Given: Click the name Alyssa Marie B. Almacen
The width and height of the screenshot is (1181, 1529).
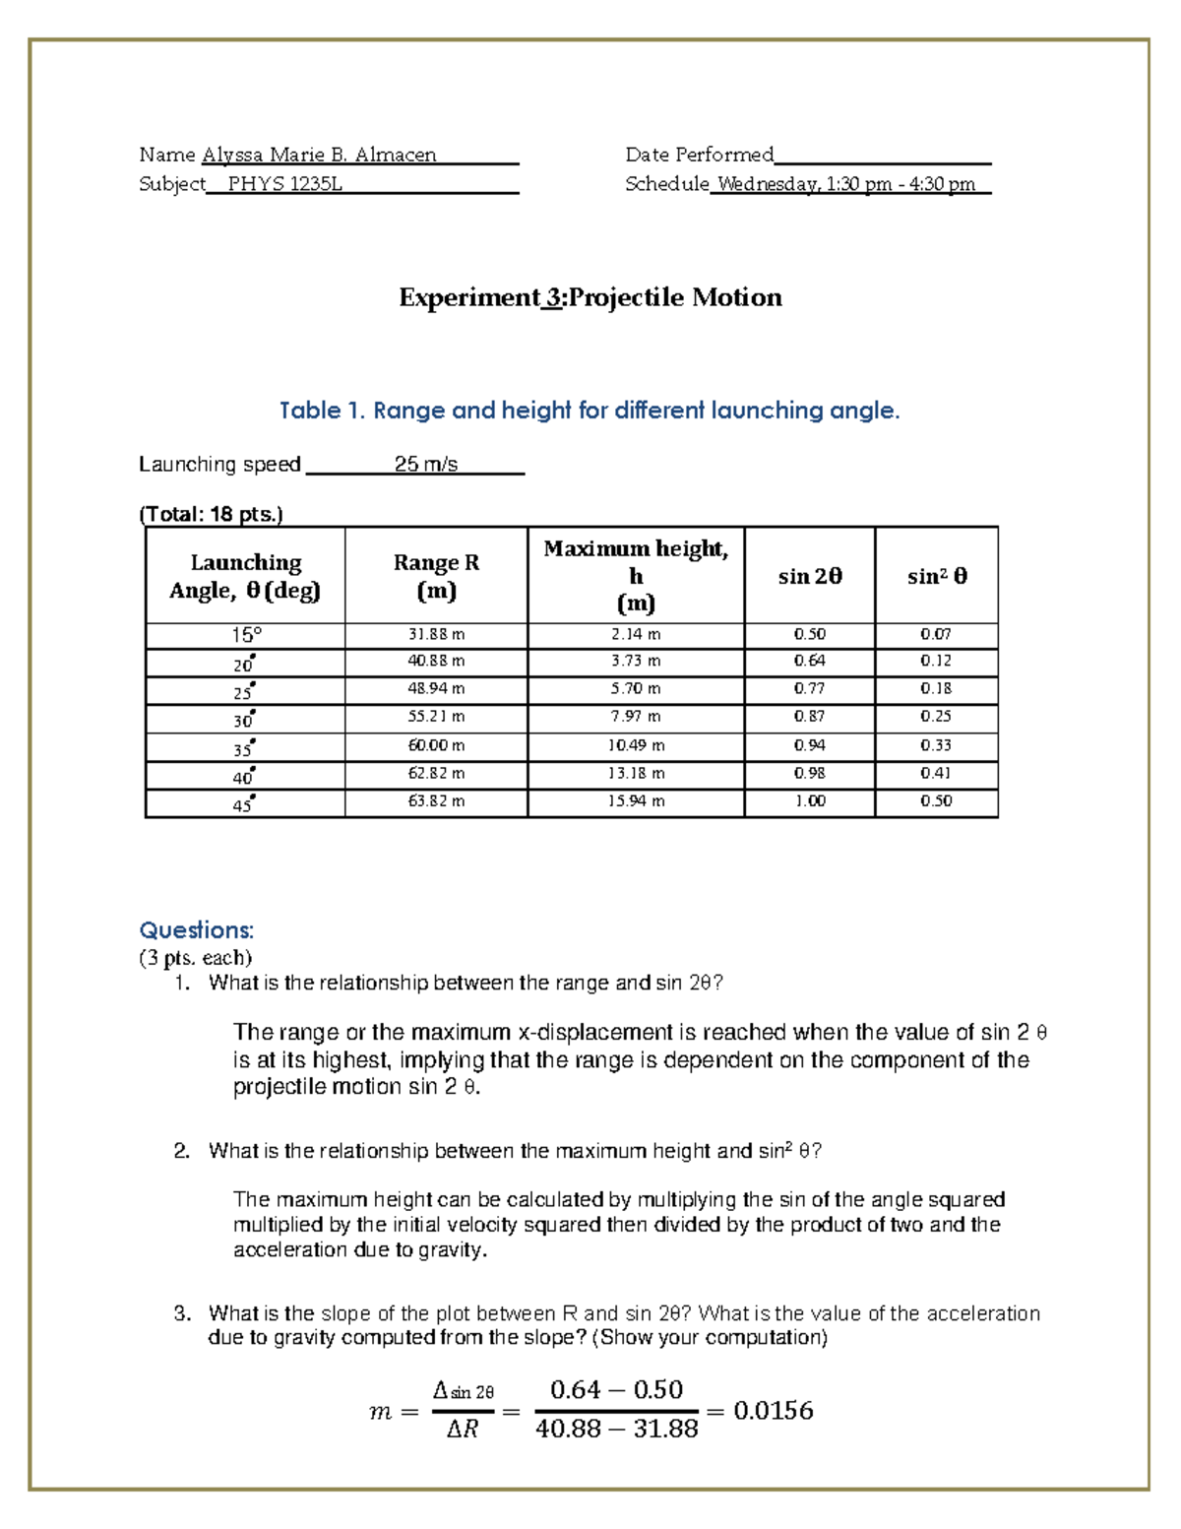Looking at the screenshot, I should click(319, 155).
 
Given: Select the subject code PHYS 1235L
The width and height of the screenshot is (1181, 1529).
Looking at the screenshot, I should click(284, 184).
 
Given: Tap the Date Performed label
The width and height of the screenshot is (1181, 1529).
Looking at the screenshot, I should click(700, 155).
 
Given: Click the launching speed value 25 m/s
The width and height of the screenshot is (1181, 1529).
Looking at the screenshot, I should click(425, 464).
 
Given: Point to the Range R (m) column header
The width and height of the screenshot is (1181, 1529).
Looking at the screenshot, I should click(436, 576).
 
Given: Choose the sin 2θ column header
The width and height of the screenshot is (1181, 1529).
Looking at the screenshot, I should click(809, 576).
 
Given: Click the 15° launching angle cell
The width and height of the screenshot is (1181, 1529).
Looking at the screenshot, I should click(245, 635).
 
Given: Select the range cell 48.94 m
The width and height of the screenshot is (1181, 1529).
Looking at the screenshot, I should click(436, 689).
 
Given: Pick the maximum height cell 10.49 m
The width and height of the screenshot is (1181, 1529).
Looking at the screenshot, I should click(636, 745).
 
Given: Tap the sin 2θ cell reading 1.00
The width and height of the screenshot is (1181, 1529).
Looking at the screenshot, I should click(809, 801).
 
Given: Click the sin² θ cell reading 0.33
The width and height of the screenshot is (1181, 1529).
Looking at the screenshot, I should click(935, 745).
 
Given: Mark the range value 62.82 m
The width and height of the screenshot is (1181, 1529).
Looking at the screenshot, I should click(436, 774).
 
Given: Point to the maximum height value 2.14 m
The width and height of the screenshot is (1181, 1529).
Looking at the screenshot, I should click(636, 635).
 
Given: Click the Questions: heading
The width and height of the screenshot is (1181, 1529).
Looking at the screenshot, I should click(197, 930).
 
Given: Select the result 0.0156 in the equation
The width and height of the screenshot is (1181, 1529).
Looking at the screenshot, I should click(774, 1411).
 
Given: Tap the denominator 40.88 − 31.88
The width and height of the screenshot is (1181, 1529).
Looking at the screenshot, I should click(616, 1429).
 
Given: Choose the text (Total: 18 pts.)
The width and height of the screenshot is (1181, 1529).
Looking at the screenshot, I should click(211, 514).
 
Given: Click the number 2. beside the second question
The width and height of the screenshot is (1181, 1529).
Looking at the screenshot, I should click(181, 1151).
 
